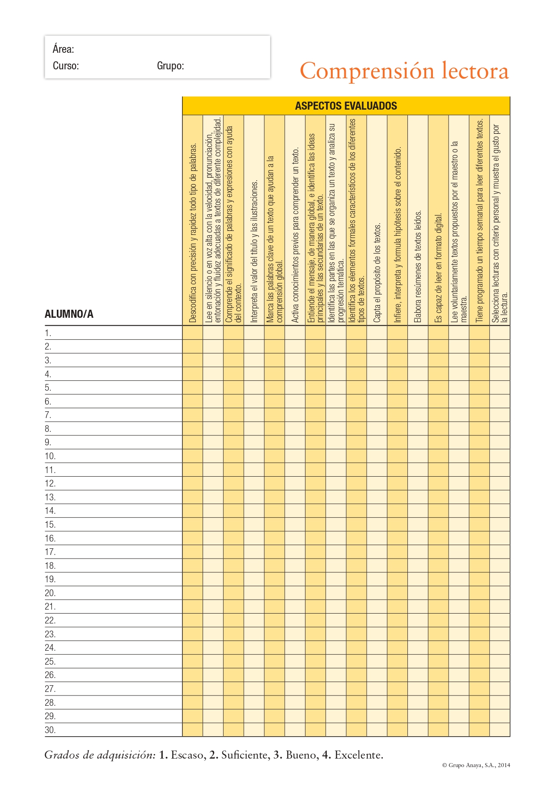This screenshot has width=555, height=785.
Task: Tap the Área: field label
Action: coord(64,49)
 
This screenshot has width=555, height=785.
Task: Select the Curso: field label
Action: coord(66,66)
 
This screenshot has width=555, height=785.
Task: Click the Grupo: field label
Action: coord(170,66)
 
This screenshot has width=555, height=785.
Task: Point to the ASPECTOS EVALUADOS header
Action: coord(346,106)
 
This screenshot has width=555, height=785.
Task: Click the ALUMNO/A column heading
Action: coord(69,314)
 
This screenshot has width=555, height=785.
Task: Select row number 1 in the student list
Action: coord(48,333)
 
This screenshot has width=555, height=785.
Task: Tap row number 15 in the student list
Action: coord(50,525)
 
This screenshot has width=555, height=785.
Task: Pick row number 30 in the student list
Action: coord(50,730)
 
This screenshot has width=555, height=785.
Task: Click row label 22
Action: coord(50,620)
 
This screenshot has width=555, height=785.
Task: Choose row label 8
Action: coord(48,429)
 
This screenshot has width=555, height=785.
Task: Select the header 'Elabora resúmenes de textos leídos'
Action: coord(418,266)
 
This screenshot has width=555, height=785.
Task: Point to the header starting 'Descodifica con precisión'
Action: coord(193,233)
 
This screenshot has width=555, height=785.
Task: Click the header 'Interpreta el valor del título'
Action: coord(254,251)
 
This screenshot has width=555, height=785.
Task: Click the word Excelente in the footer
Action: coord(359,755)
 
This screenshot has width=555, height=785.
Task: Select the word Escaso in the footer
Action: coord(187,755)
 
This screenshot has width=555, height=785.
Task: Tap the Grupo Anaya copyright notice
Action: coord(476,765)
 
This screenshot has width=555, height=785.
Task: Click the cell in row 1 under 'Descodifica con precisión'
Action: coord(193,333)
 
